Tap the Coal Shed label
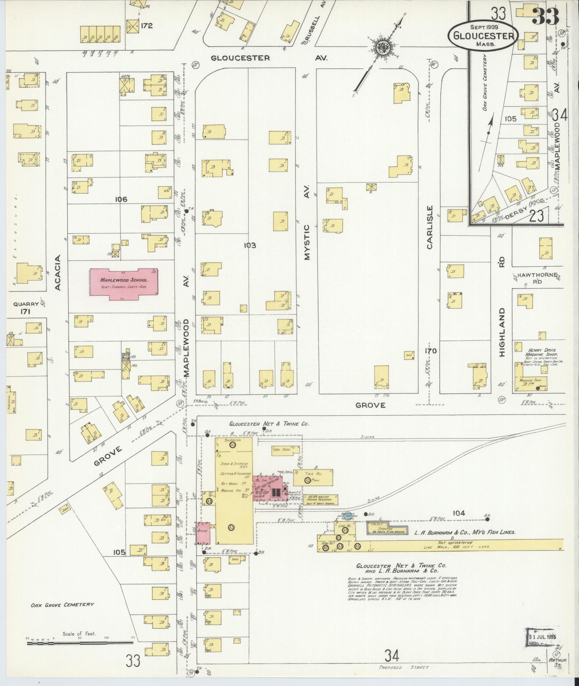281,449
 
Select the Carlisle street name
430,227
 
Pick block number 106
121,199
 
